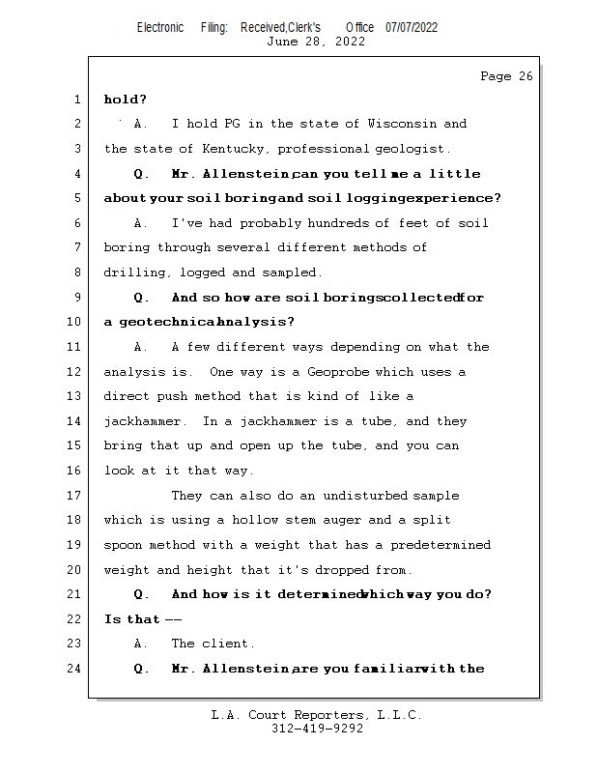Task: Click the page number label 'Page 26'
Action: pyautogui.click(x=506, y=76)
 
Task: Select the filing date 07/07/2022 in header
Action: pyautogui.click(x=412, y=27)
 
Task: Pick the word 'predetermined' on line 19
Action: pyautogui.click(x=441, y=545)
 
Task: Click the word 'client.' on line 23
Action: pyautogui.click(x=231, y=644)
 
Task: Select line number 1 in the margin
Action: pyautogui.click(x=77, y=100)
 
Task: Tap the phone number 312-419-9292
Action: pyautogui.click(x=317, y=729)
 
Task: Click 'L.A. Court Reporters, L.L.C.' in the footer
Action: pyautogui.click(x=317, y=715)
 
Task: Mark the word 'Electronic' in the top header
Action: pyautogui.click(x=160, y=27)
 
